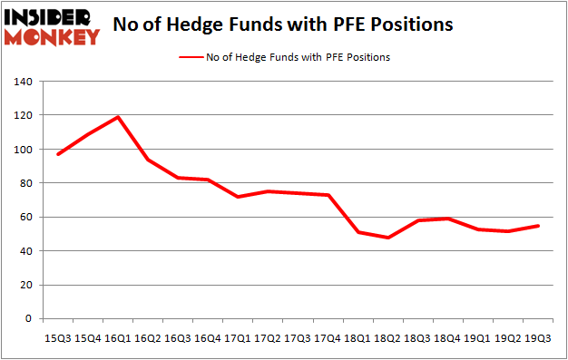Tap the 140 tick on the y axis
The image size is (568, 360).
24,83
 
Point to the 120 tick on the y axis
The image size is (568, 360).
24,116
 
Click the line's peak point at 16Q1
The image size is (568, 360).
117,117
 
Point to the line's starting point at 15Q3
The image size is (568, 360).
58,154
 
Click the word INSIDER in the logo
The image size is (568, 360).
51,17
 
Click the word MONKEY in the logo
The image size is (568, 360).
51,37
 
